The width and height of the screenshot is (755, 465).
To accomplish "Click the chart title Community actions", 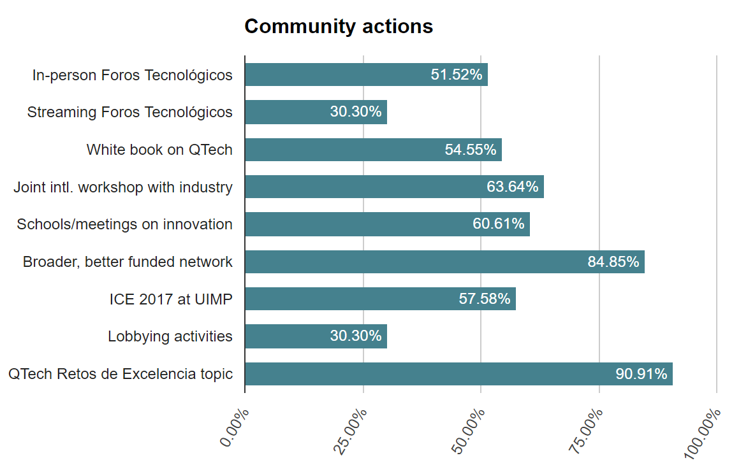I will click(339, 27).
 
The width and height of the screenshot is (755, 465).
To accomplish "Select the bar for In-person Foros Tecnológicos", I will click(332, 75).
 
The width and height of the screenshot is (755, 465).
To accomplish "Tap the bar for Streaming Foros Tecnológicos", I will click(287, 112).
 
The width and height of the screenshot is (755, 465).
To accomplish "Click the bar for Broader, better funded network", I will click(414, 262).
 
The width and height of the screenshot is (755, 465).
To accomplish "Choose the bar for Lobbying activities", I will click(287, 336).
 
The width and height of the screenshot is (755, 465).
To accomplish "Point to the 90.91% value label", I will click(641, 374).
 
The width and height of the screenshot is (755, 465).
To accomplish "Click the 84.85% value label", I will click(613, 262).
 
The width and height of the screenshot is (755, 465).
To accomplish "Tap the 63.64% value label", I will click(513, 187).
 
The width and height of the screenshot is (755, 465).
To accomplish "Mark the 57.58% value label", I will click(485, 299).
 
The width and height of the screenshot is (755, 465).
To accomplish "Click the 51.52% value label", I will click(457, 75).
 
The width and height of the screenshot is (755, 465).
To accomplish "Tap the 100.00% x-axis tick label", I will click(703, 433).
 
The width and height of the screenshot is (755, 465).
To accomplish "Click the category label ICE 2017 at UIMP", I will click(171, 299).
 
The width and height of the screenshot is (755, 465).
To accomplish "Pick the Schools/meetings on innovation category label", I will click(125, 224).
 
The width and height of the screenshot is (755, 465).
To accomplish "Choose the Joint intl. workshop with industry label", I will click(123, 187).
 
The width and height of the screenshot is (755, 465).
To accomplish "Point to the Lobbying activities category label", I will click(170, 336).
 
